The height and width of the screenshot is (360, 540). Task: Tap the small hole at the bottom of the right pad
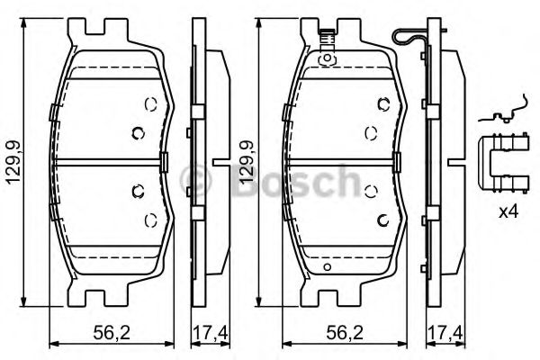pyautogui.click(x=328, y=267)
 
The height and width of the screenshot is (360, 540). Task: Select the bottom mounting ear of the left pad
pyautogui.click(x=108, y=294)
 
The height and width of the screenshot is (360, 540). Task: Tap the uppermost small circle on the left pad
pyautogui.click(x=149, y=102)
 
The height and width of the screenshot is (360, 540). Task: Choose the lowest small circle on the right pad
pyautogui.click(x=382, y=221)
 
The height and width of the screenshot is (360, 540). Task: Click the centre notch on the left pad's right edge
pyautogui.click(x=166, y=162)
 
